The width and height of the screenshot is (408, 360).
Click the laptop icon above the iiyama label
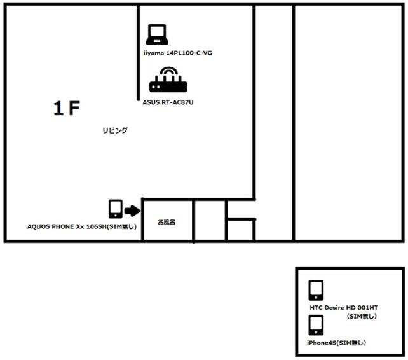point(157,34)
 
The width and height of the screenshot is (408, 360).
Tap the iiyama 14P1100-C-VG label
point(178,53)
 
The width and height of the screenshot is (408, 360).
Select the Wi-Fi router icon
point(168,80)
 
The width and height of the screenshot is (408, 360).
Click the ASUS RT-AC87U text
point(168,102)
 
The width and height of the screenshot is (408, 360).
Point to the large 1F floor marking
point(67,108)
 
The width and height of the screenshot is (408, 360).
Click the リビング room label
point(115,130)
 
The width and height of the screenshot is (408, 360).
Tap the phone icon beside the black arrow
point(116,209)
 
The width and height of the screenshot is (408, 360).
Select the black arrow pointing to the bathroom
point(132,211)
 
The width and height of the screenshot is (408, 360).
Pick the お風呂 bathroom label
point(167,222)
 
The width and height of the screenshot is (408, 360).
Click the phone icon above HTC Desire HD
point(316,291)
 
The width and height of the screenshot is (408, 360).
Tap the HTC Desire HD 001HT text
point(344,308)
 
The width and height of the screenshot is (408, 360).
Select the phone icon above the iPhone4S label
point(316,326)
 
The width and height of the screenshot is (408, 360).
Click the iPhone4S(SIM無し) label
point(336,343)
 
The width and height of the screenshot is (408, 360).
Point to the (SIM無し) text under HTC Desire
point(362,316)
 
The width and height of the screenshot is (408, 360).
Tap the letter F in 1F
point(74,108)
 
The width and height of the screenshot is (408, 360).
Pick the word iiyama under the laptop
point(154,53)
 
